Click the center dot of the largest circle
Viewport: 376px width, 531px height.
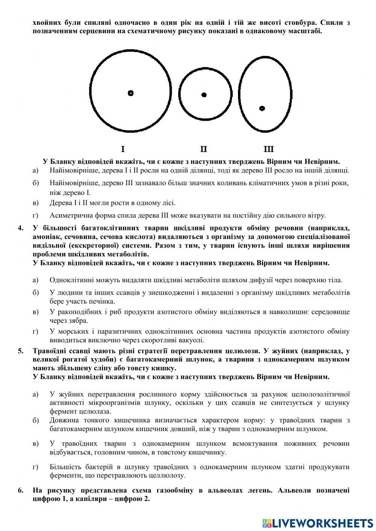coord(130,93)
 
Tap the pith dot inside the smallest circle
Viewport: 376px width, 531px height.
coord(204,95)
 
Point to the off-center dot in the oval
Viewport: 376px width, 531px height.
coord(262,108)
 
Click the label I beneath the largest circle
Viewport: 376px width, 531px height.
coord(123,149)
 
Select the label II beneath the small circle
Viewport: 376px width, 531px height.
coord(203,149)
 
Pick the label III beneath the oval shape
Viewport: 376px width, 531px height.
coord(268,149)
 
